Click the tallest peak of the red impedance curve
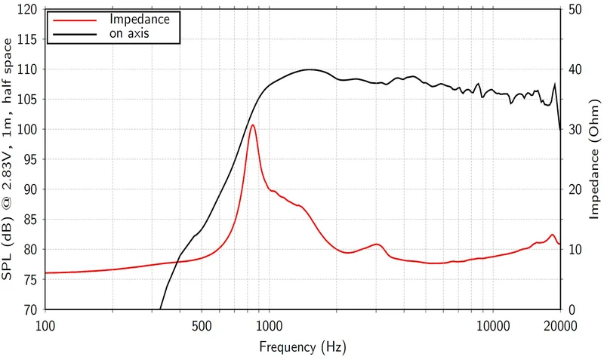pos(253,125)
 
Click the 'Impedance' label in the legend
pos(140,20)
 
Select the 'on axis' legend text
pos(129,33)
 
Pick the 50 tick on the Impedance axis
pos(575,10)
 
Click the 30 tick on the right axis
pos(575,129)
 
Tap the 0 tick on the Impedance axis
pos(572,309)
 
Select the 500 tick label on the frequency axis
pos(202,327)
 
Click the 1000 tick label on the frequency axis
pos(269,327)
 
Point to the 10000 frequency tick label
pos(493,327)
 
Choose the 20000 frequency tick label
pos(560,327)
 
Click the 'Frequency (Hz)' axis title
pos(303,347)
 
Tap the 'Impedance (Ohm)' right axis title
pos(594,159)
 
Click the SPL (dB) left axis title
pos(8,159)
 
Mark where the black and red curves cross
pos(177,262)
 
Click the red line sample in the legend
pos(75,20)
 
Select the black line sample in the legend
pos(75,34)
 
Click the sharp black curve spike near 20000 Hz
pos(555,84)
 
